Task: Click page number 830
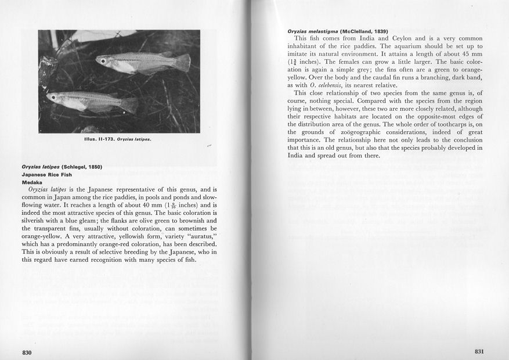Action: [x=27, y=352]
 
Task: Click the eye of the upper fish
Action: [x=103, y=61]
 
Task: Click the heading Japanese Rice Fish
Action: [x=47, y=174]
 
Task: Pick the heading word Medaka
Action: [x=31, y=182]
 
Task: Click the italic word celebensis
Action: [x=323, y=85]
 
